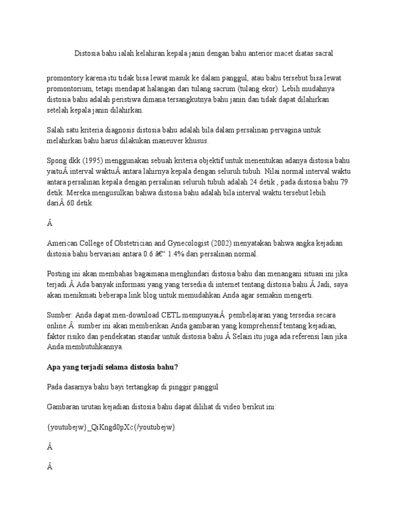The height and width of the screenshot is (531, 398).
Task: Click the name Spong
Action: [56, 161]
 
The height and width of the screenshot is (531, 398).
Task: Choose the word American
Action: [63, 243]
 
